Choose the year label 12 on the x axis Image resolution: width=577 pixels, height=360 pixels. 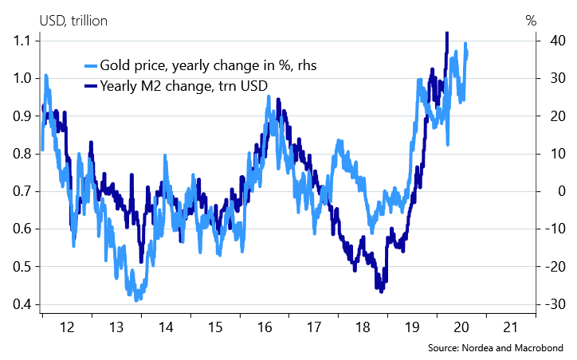67,327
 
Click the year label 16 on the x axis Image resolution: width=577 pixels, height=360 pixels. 265,327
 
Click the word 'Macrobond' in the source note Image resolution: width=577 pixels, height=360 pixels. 540,349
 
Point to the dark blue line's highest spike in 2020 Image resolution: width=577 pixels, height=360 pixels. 446,33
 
